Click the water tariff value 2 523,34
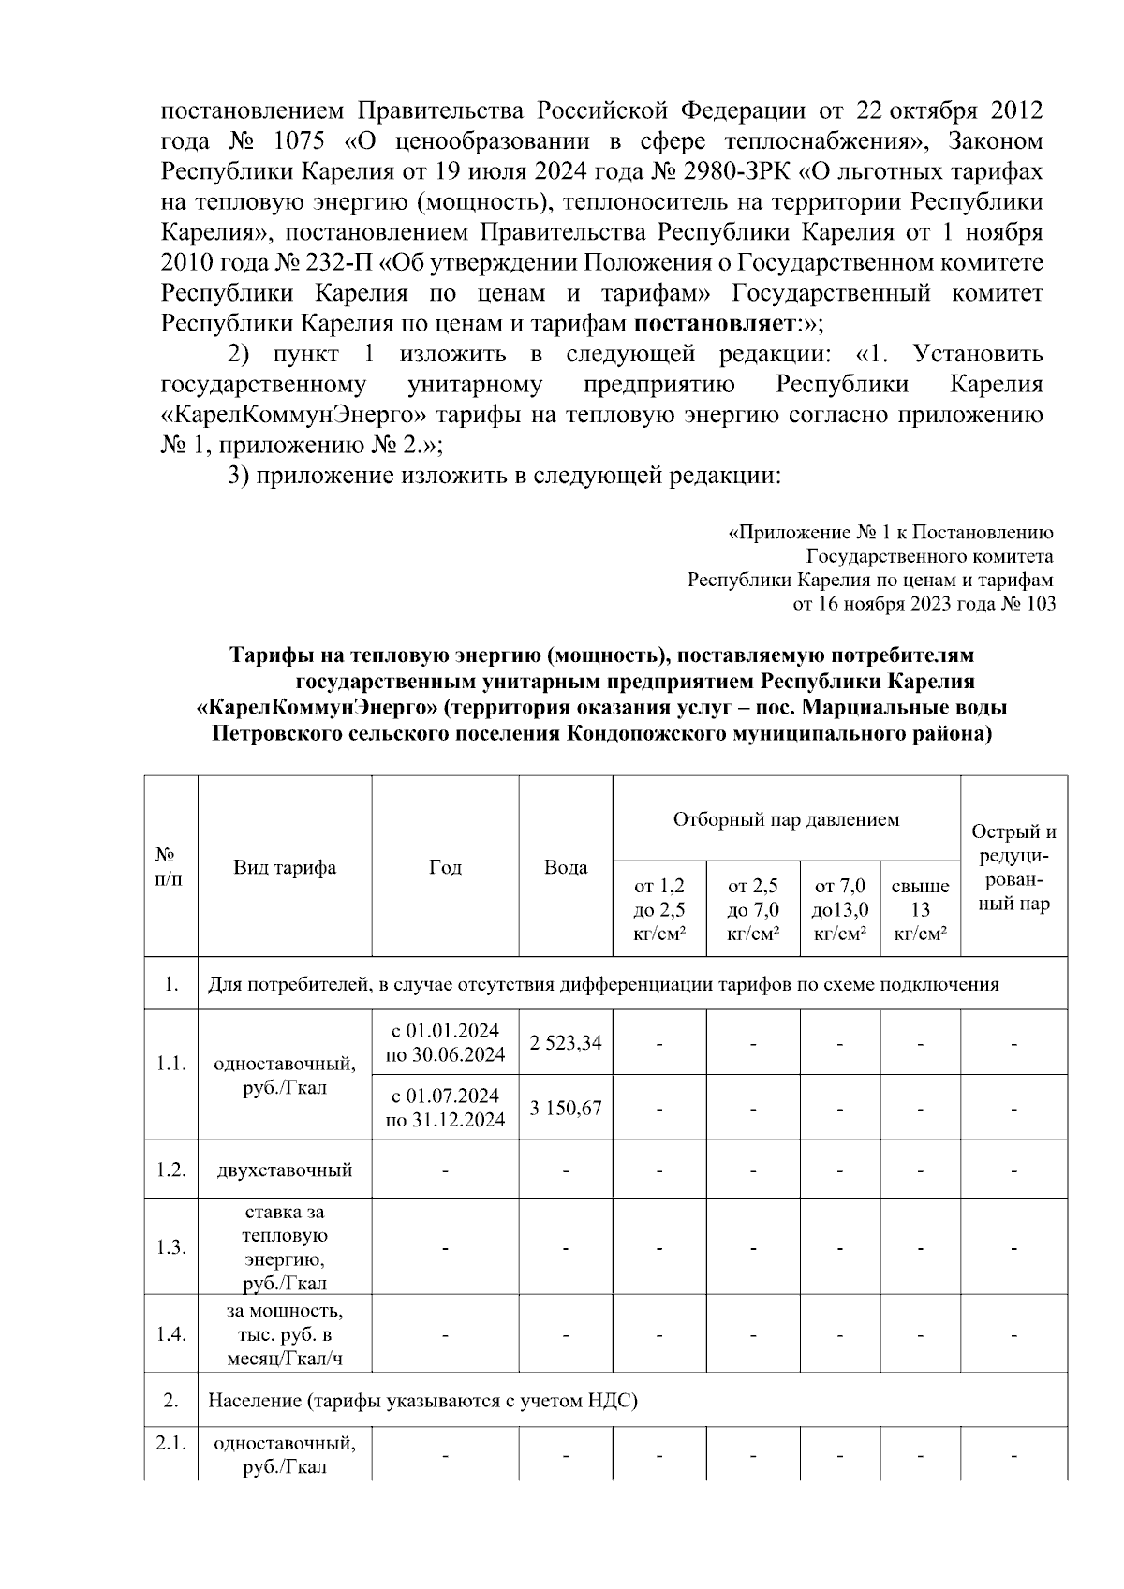click(x=566, y=1042)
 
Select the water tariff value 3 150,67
click(x=566, y=1108)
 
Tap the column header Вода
click(x=566, y=867)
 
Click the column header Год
click(x=445, y=867)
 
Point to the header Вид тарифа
click(x=285, y=867)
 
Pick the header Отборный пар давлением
click(x=786, y=819)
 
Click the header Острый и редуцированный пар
click(x=1013, y=867)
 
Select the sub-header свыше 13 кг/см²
click(x=920, y=909)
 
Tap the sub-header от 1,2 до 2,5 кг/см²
click(x=659, y=909)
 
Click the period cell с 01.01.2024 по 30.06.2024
click(x=445, y=1042)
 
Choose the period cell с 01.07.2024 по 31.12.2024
click(x=445, y=1108)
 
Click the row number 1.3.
click(x=170, y=1247)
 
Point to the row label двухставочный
click(x=285, y=1170)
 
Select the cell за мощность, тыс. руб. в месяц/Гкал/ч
click(x=285, y=1334)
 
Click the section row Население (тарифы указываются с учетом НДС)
click(x=422, y=1402)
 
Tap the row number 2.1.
click(x=170, y=1443)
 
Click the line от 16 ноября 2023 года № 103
click(x=924, y=604)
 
